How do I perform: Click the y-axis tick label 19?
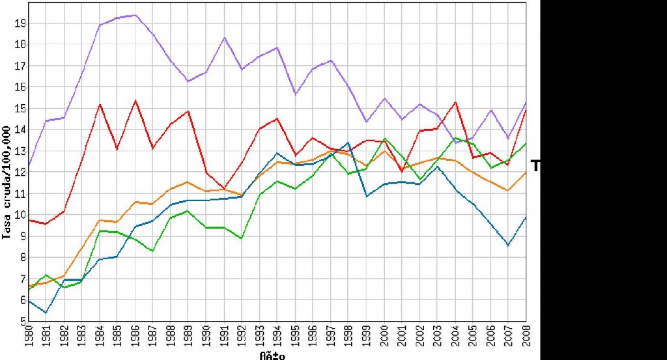(19, 23)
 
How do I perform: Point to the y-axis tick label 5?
(21, 322)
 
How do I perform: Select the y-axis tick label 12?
(19, 173)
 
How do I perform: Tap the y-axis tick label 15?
(19, 109)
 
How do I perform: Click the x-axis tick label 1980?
(27, 339)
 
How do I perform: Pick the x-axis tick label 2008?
(526, 339)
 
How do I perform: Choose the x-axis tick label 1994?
(277, 339)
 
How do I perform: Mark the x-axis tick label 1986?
(134, 339)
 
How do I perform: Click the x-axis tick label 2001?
(401, 339)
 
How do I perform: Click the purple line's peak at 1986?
(134, 15)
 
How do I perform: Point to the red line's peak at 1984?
(99, 104)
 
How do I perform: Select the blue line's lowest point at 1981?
(45, 313)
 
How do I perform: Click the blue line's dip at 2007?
(508, 245)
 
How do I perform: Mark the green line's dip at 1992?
(241, 239)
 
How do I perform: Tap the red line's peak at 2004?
(455, 102)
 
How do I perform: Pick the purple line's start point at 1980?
(28, 166)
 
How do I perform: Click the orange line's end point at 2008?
(526, 173)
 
